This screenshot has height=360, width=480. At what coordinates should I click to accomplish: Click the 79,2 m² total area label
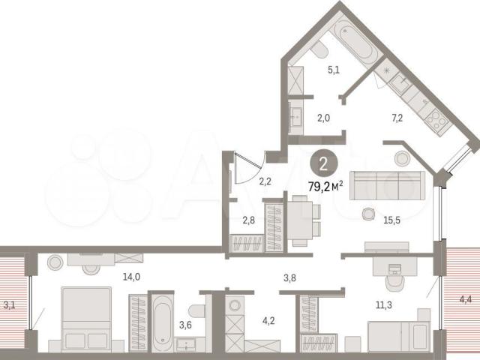(x=325, y=186)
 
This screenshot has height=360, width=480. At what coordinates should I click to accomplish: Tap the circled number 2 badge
(x=323, y=164)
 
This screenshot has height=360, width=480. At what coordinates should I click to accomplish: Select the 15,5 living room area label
(x=391, y=220)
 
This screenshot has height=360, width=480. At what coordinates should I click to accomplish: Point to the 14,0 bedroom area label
(x=132, y=277)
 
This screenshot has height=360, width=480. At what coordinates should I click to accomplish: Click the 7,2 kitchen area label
(x=397, y=118)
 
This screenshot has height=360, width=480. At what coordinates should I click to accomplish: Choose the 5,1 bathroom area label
(x=334, y=70)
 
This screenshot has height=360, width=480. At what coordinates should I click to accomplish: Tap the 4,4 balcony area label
(x=465, y=299)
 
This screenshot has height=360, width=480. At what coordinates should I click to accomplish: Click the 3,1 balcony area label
(x=9, y=305)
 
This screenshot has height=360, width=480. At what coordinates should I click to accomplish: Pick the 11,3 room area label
(x=383, y=305)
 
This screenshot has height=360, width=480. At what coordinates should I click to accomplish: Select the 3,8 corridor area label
(x=289, y=278)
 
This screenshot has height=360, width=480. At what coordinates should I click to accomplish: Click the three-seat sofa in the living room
(x=387, y=185)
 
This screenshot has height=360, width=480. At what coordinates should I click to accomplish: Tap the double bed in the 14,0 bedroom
(x=87, y=319)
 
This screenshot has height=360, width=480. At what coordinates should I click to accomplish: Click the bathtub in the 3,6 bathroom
(x=162, y=323)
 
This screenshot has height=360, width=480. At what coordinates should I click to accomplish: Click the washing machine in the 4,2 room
(x=235, y=305)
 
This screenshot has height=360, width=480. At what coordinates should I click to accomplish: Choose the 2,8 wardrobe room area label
(x=248, y=220)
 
